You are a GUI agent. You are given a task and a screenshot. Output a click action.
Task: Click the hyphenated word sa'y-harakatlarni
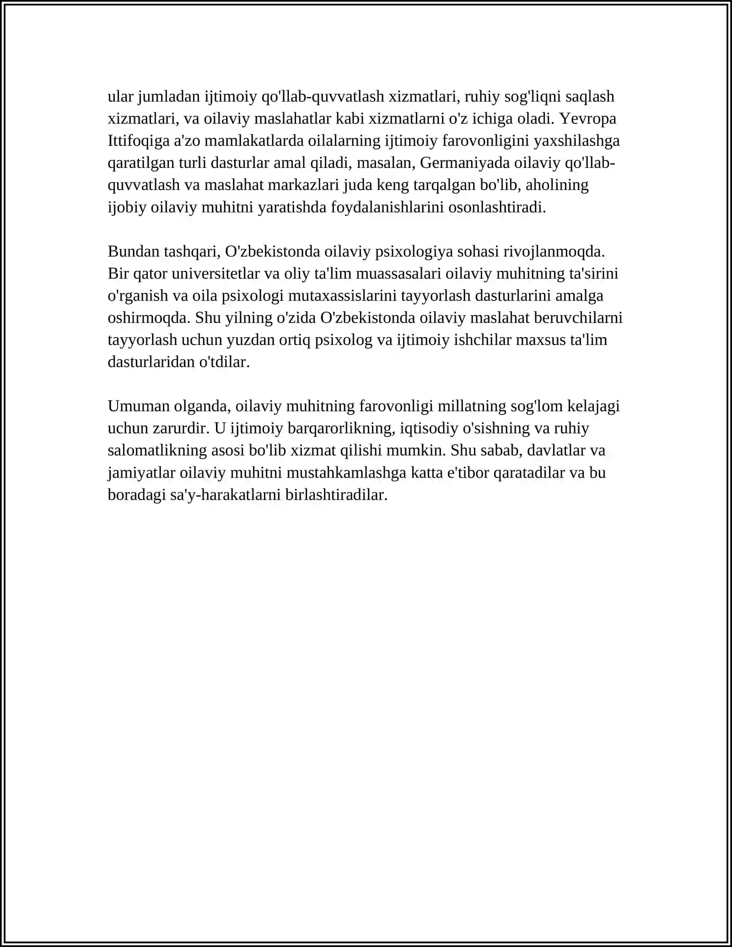tap(225, 495)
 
